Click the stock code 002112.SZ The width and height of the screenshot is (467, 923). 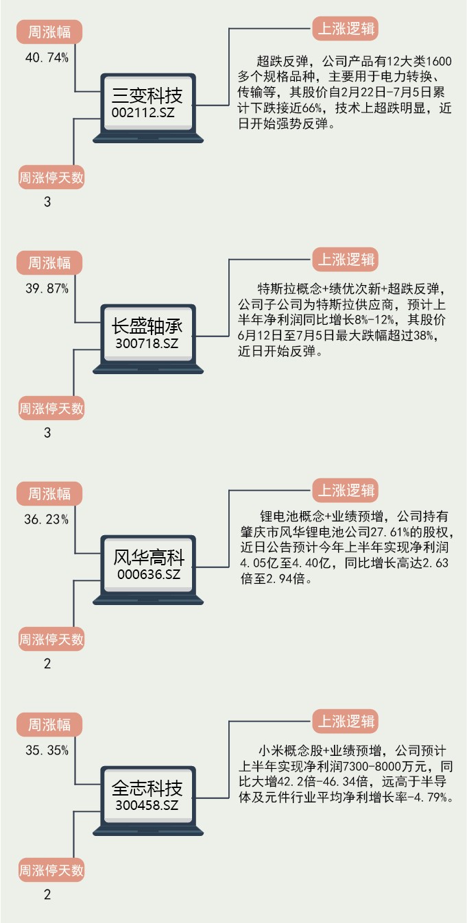pyautogui.click(x=148, y=112)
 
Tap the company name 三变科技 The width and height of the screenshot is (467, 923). pyautogui.click(x=148, y=94)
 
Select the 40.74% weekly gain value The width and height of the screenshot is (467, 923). pyautogui.click(x=47, y=58)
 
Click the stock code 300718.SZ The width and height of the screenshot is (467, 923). pyautogui.click(x=148, y=343)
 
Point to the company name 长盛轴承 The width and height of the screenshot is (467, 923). pyautogui.click(x=148, y=325)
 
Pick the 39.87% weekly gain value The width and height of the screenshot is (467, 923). pyautogui.click(x=47, y=289)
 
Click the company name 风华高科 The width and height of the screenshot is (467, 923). pyautogui.click(x=148, y=556)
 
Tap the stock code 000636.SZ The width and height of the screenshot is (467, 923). pyautogui.click(x=148, y=574)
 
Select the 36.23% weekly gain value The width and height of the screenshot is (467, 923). pyautogui.click(x=47, y=519)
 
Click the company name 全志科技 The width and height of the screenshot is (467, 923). pyautogui.click(x=148, y=787)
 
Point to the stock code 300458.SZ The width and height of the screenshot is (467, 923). pyautogui.click(x=148, y=805)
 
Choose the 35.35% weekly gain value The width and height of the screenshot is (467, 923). pyautogui.click(x=47, y=750)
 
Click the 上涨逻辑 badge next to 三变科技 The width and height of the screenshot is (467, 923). pyautogui.click(x=346, y=29)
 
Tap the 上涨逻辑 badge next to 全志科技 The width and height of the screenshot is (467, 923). pyautogui.click(x=346, y=722)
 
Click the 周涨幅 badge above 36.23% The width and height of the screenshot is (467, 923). pyautogui.click(x=49, y=493)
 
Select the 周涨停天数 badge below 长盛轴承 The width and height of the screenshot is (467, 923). pyautogui.click(x=51, y=409)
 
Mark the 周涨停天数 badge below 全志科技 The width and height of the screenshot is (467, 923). pyautogui.click(x=51, y=871)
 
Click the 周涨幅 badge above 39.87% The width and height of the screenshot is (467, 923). pyautogui.click(x=49, y=262)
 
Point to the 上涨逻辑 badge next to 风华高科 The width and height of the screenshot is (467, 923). pyautogui.click(x=346, y=491)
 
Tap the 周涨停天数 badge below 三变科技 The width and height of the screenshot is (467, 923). pyautogui.click(x=51, y=178)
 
